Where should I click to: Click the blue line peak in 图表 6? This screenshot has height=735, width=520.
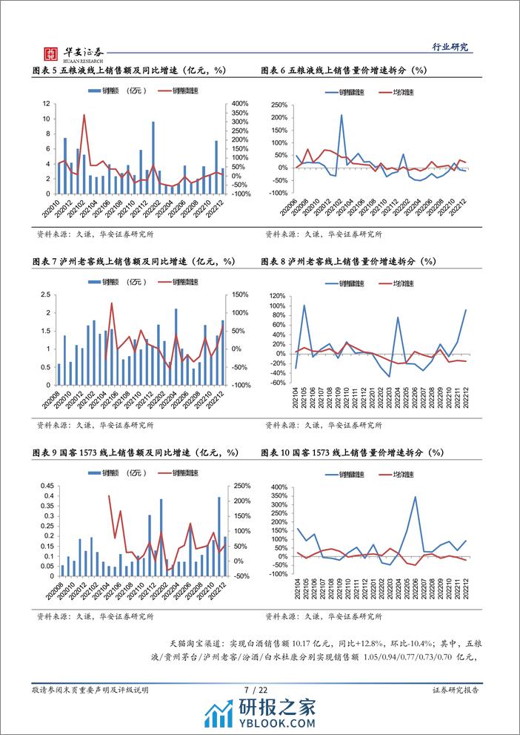tap(341, 114)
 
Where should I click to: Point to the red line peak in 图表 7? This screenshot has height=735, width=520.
tap(112, 303)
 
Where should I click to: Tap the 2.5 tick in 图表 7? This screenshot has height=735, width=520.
tap(44, 294)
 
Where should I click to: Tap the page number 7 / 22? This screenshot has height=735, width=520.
tap(259, 690)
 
